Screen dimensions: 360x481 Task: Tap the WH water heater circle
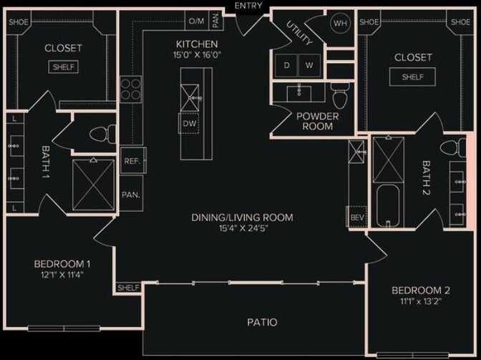339,22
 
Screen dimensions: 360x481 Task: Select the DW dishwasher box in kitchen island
189,123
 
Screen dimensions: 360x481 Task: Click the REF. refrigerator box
131,161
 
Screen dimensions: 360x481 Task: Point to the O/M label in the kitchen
196,21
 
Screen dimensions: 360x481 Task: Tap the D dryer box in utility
286,65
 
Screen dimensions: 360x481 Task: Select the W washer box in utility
309,65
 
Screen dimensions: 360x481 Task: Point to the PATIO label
263,322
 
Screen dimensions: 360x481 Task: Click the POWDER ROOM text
317,121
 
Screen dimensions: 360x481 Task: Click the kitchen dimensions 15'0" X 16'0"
191,54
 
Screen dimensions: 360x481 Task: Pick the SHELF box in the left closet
63,67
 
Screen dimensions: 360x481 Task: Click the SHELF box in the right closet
412,77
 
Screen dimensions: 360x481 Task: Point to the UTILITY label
299,34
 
